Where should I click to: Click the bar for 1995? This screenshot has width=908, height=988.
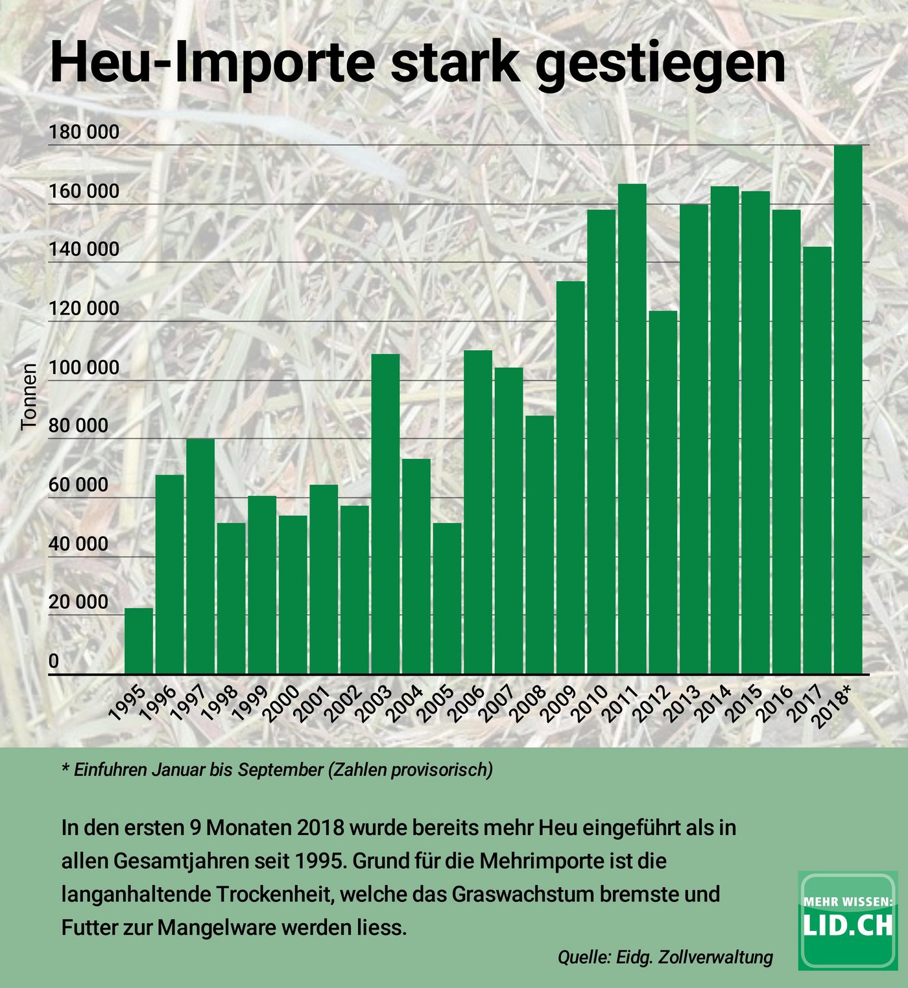[139, 641]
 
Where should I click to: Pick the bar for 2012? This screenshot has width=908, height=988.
[663, 493]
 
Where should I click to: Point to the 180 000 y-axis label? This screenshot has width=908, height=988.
[84, 132]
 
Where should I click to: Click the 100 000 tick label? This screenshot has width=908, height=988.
[84, 368]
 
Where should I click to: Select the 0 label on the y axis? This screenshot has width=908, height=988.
[54, 661]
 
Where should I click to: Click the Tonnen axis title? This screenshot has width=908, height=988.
[29, 396]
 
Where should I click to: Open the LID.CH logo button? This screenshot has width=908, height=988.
[848, 920]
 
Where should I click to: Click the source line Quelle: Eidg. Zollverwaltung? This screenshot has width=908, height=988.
[665, 956]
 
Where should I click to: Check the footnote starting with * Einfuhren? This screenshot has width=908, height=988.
[277, 770]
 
